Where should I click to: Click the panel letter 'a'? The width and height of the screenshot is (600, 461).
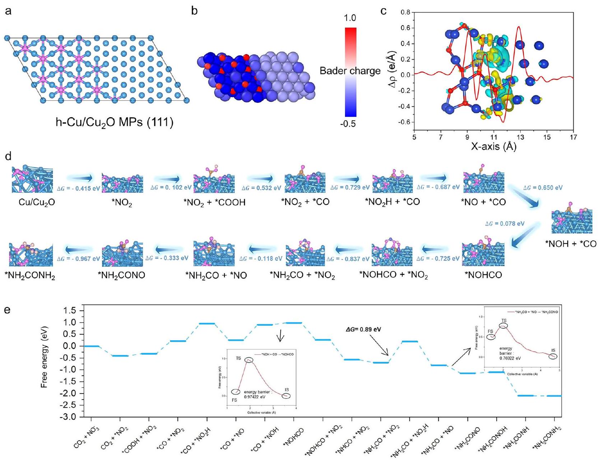[x=8, y=11]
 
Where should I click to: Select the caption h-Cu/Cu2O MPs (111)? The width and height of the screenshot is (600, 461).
[x=114, y=123]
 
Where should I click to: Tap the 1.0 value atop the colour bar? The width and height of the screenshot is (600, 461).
[x=350, y=18]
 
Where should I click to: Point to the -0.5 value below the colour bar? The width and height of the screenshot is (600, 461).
[x=348, y=124]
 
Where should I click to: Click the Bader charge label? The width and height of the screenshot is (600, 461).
[x=350, y=71]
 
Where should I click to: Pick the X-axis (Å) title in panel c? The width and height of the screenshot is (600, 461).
[x=493, y=146]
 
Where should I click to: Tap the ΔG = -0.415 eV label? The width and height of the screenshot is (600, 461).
[x=74, y=188]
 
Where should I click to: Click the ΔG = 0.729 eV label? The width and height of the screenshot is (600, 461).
[x=350, y=188]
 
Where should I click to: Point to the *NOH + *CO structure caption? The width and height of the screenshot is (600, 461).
[x=571, y=244]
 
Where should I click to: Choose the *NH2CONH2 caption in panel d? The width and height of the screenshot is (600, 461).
[x=30, y=276]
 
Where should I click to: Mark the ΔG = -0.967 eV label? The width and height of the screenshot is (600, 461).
[x=78, y=259]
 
